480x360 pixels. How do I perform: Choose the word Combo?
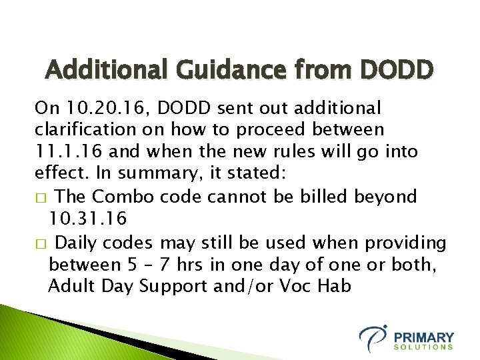pos(122,197)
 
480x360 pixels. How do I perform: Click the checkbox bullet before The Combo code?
pos(40,198)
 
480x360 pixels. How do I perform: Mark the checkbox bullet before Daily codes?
pos(40,242)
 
